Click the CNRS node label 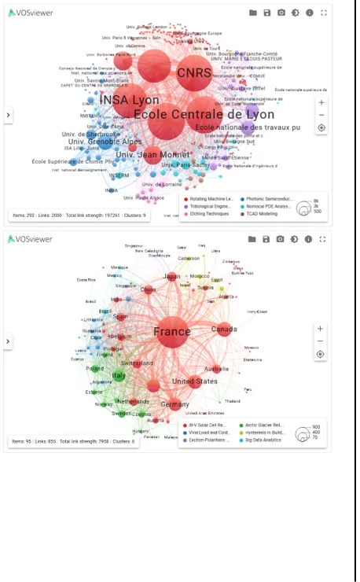pyautogui.click(x=193, y=73)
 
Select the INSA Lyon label pyautogui.click(x=130, y=101)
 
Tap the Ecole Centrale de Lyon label pyautogui.click(x=204, y=115)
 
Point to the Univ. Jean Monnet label pyautogui.click(x=152, y=155)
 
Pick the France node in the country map pyautogui.click(x=172, y=332)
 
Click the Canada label pyautogui.click(x=224, y=329)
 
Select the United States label pyautogui.click(x=194, y=381)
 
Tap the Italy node pyautogui.click(x=119, y=376)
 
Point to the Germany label pyautogui.click(x=174, y=404)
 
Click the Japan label pyautogui.click(x=171, y=277)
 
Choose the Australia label pyautogui.click(x=217, y=369)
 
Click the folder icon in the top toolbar pyautogui.click(x=253, y=13)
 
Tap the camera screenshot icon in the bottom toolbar pyautogui.click(x=281, y=239)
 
